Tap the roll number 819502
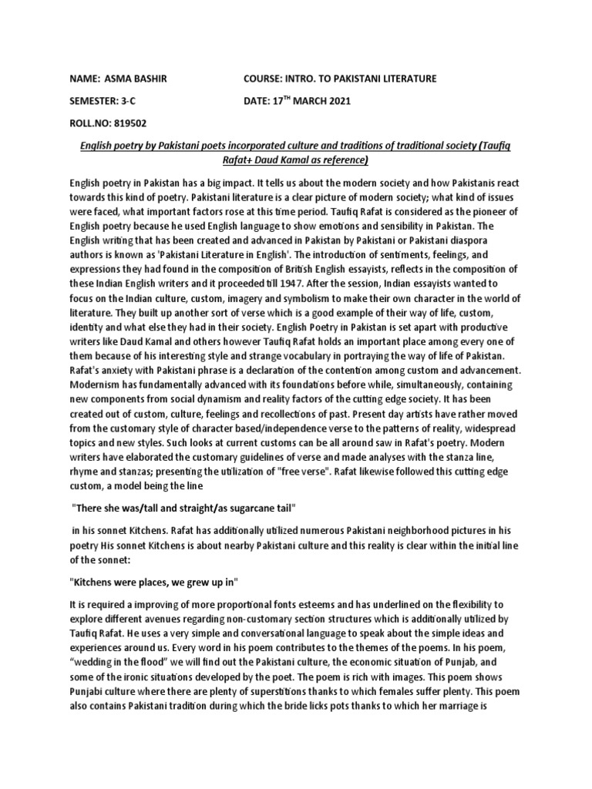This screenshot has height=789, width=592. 129,122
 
